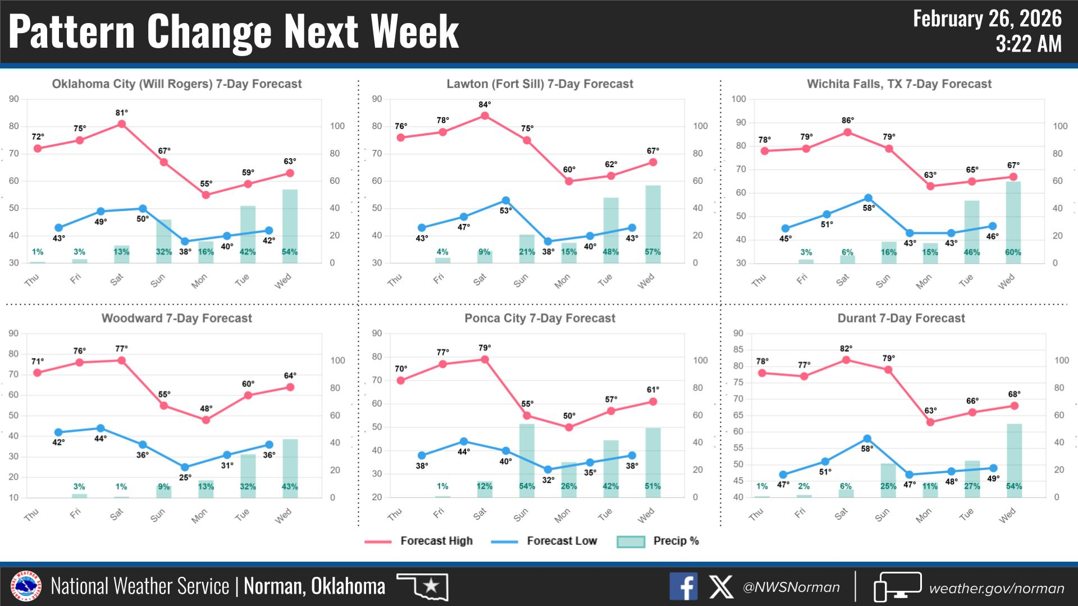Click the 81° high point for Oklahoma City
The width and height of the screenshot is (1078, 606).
(121, 124)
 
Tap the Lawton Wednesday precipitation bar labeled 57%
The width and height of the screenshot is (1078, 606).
(653, 224)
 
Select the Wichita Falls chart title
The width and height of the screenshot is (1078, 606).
(899, 84)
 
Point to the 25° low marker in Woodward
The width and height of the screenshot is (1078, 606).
(185, 467)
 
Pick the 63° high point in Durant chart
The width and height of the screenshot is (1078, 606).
(930, 422)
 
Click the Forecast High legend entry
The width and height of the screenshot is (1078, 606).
(419, 541)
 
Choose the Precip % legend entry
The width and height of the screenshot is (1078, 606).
(657, 541)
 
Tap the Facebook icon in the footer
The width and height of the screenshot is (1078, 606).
(683, 587)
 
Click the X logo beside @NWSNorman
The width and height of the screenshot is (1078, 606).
(721, 587)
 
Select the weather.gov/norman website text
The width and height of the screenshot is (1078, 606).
(996, 588)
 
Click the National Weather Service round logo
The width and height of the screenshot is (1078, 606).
(26, 587)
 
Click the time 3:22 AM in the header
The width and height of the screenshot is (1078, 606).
(1029, 44)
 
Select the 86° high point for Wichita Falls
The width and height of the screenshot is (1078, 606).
(848, 132)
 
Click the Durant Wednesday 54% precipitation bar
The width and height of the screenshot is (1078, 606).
(1014, 460)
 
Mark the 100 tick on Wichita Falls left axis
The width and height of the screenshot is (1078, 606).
(738, 99)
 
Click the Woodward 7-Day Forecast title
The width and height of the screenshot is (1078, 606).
(176, 318)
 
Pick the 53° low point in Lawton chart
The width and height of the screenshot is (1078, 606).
(506, 200)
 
